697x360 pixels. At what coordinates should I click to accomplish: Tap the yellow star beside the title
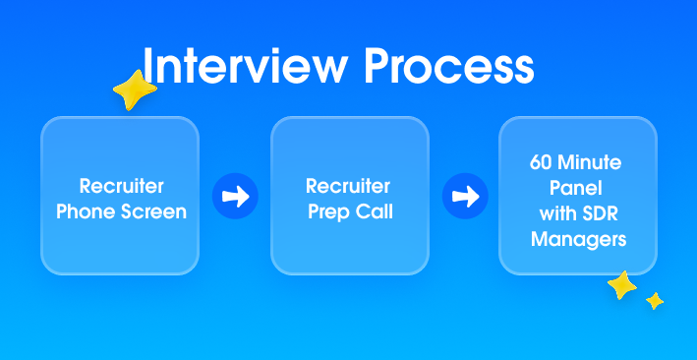click(x=135, y=90)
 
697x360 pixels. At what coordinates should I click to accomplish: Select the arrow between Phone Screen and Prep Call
click(x=234, y=196)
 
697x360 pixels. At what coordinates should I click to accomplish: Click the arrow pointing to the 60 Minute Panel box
click(x=464, y=196)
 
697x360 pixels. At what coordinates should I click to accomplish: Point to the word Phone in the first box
click(x=85, y=211)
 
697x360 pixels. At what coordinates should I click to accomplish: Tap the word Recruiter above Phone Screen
click(x=121, y=186)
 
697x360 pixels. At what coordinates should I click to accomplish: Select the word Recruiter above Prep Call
click(x=348, y=186)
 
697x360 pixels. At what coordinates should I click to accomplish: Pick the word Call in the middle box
click(x=375, y=211)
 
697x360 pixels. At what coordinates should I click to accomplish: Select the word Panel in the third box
click(x=577, y=185)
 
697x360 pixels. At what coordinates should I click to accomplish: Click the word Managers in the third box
click(x=577, y=238)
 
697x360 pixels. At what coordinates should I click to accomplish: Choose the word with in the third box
click(x=557, y=211)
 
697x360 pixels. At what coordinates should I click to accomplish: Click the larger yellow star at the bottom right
click(x=621, y=286)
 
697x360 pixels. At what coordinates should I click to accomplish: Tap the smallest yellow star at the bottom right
click(x=655, y=301)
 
